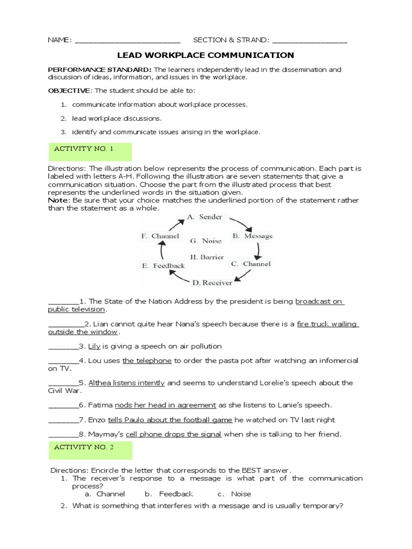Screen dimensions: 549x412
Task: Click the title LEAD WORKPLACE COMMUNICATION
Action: coord(205,55)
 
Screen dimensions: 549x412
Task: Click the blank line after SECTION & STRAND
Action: coord(310,41)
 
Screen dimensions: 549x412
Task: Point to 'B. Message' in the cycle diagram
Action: coord(252,236)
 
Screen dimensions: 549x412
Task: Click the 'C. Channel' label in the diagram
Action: coord(251,264)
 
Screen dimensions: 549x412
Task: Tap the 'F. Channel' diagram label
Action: coord(160,236)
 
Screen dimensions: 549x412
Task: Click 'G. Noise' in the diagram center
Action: coord(202,241)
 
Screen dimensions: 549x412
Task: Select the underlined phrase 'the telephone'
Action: coord(146,361)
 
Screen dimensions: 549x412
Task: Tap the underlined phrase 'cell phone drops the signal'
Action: coord(173,434)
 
